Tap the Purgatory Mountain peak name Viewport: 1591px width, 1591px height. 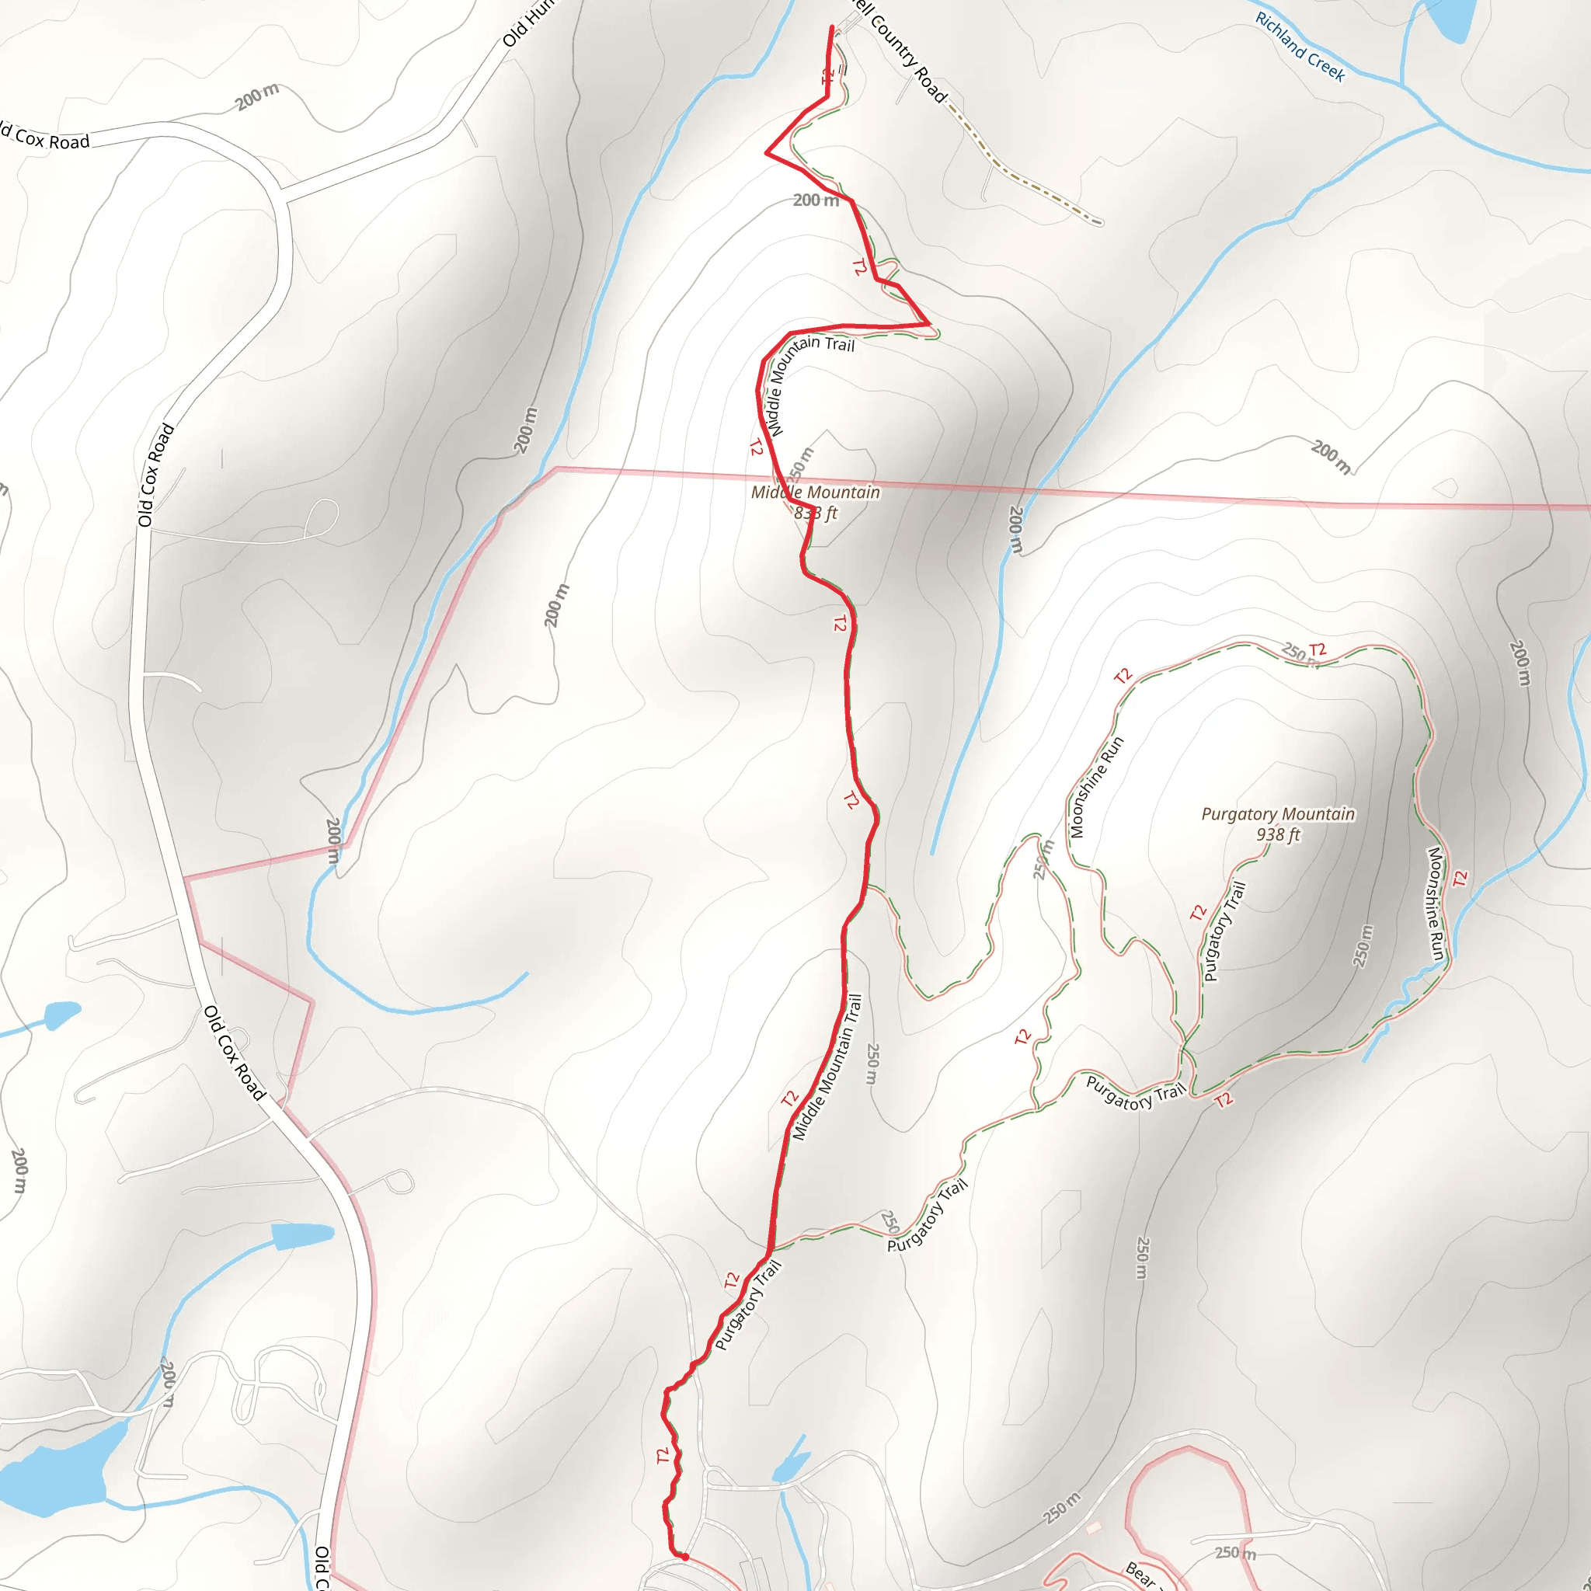point(1277,813)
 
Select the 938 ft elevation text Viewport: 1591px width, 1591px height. point(1278,834)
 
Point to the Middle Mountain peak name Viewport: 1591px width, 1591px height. point(815,492)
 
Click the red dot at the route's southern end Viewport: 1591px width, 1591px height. point(684,1556)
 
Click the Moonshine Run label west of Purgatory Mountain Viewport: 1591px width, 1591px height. point(1096,787)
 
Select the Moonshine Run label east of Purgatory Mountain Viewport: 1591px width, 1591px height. point(1436,903)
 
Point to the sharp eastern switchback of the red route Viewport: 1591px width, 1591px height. point(928,325)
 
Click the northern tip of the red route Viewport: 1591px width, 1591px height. point(832,29)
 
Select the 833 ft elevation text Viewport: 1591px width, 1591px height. point(815,513)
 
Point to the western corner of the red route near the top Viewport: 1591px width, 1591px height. point(768,152)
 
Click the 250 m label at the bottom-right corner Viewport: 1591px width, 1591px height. point(1235,1552)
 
